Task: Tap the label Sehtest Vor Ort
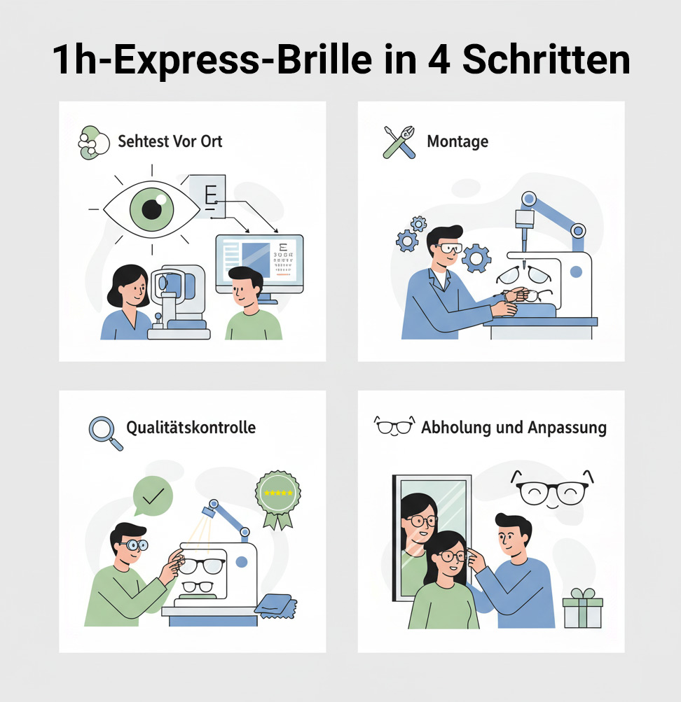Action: [170, 141]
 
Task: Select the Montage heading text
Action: [458, 141]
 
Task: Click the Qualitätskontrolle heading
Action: [191, 428]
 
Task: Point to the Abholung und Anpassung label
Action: [514, 428]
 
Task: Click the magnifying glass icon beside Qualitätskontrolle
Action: [105, 433]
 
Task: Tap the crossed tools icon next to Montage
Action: [399, 142]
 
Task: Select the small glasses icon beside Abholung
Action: [394, 426]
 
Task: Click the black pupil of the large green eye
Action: [151, 209]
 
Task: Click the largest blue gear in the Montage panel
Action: [476, 258]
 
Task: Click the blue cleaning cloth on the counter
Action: [275, 606]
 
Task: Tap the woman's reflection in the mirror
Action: [418, 538]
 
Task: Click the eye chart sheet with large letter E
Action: [207, 197]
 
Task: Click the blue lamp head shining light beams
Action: [209, 511]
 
